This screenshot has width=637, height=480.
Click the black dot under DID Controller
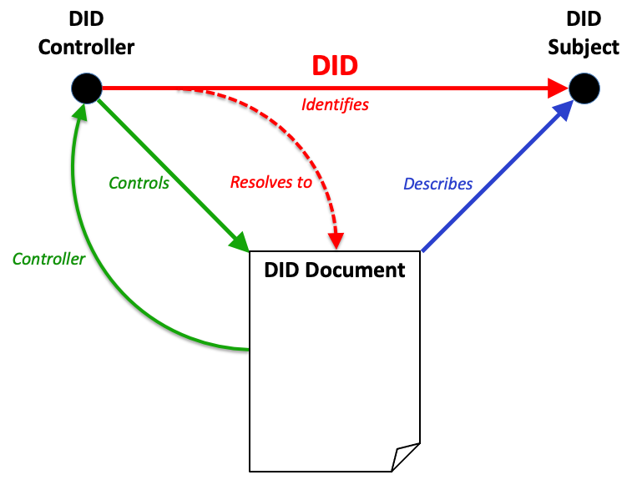[x=86, y=87]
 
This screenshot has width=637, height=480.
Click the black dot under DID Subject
[x=584, y=87]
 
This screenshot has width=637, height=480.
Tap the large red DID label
[x=335, y=65]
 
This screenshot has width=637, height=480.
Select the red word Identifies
[x=335, y=105]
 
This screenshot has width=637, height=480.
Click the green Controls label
[x=139, y=183]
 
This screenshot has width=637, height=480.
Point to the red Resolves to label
[x=271, y=182]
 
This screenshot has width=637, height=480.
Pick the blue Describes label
[x=438, y=184]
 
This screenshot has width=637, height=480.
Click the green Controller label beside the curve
[x=48, y=259]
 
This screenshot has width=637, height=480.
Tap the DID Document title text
[x=334, y=270]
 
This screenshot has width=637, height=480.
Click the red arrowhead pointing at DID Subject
[x=558, y=87]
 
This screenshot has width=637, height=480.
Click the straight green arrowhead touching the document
[x=239, y=242]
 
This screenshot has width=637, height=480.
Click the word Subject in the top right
[x=584, y=47]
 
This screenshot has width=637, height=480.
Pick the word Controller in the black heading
[x=86, y=47]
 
